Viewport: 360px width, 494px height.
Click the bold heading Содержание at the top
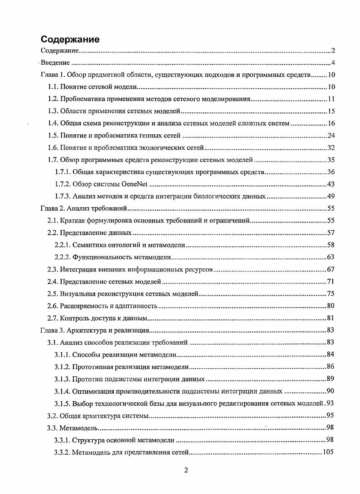(x=70, y=39)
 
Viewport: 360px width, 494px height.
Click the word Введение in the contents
(x=55, y=63)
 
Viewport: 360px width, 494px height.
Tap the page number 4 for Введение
(x=332, y=63)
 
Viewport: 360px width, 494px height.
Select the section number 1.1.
(x=53, y=87)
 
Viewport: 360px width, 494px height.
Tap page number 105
(x=328, y=452)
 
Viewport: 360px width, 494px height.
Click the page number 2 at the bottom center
(x=186, y=470)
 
